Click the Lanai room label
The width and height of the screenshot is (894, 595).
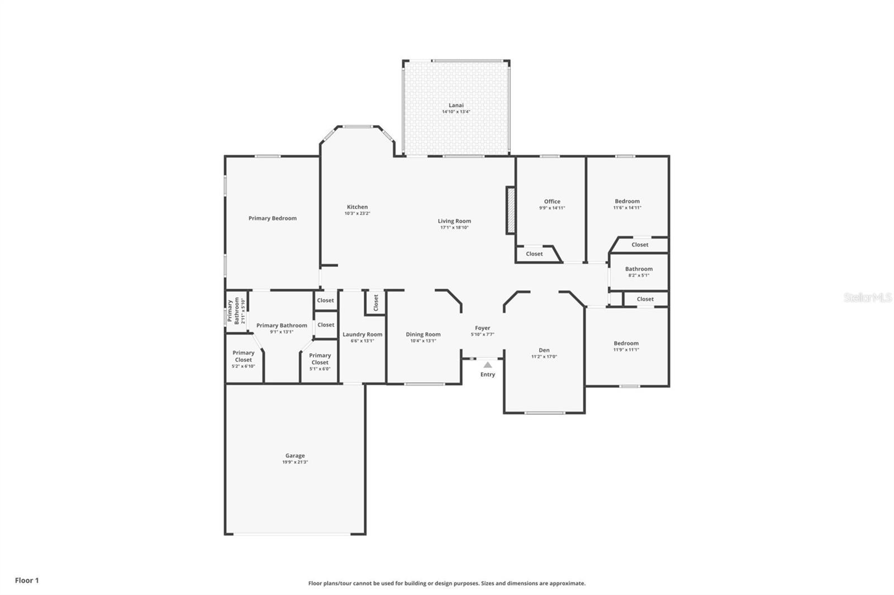click(x=456, y=105)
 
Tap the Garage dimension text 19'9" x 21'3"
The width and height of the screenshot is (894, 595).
click(x=295, y=462)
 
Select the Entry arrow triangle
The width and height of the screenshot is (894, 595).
click(x=488, y=364)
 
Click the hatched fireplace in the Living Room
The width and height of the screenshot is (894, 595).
click(x=510, y=210)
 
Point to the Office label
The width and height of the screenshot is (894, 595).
click(x=552, y=201)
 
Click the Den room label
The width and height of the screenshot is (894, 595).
click(x=544, y=350)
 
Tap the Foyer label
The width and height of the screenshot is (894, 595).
click(x=482, y=328)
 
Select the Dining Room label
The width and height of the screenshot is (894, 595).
click(x=423, y=334)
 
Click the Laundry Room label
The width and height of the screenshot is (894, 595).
click(x=362, y=334)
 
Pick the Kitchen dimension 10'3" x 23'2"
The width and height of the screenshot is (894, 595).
click(x=357, y=213)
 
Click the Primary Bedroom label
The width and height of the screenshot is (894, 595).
click(x=272, y=218)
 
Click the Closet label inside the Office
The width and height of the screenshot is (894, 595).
click(x=534, y=253)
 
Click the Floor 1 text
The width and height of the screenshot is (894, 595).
click(x=27, y=580)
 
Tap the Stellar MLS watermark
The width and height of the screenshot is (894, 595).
click(x=867, y=297)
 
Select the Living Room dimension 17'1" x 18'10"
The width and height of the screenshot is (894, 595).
click(x=454, y=228)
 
